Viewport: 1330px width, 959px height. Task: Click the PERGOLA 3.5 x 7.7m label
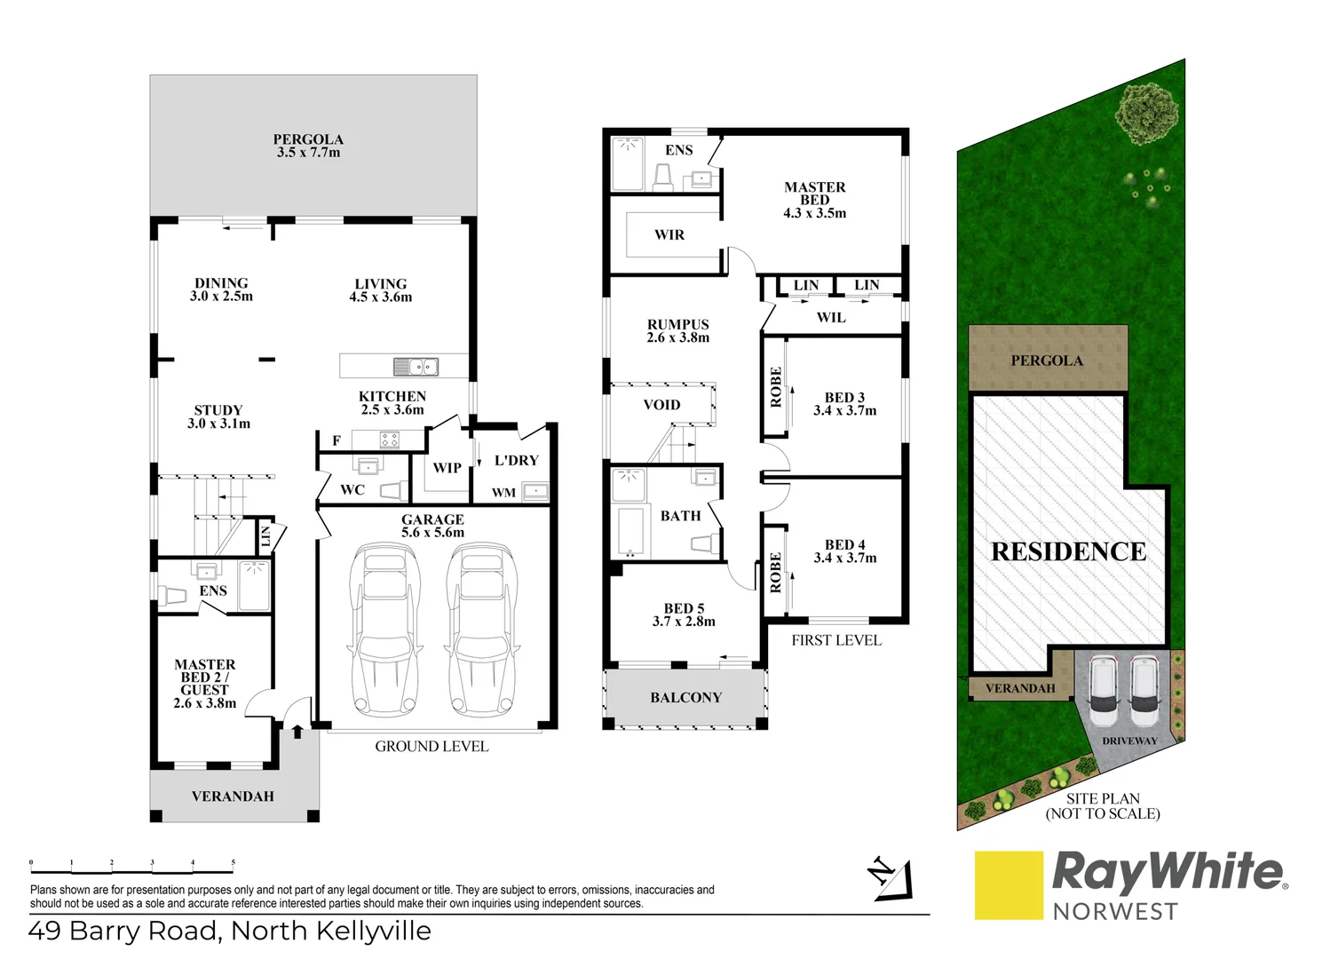coord(308,146)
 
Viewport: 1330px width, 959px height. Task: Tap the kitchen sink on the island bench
coord(416,366)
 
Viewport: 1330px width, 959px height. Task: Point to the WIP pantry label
coord(447,468)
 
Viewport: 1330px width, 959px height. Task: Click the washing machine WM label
coord(503,493)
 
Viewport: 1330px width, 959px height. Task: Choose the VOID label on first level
coord(661,405)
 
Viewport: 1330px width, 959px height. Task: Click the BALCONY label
coord(685,698)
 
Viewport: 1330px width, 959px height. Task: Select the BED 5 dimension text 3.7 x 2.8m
coord(684,622)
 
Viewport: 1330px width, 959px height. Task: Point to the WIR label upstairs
coord(669,235)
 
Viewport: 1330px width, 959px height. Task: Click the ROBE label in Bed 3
coord(776,387)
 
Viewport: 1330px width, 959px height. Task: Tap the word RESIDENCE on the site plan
coord(1068,551)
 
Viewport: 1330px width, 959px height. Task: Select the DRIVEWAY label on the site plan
coord(1129,741)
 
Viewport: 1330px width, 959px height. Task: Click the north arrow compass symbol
coord(890,878)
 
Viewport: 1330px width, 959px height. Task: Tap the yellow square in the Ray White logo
coord(1009,885)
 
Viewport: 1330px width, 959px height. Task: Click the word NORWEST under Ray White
coord(1114,912)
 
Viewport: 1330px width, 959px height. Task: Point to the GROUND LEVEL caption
coord(431,747)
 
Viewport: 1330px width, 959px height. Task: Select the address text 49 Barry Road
coord(123,931)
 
